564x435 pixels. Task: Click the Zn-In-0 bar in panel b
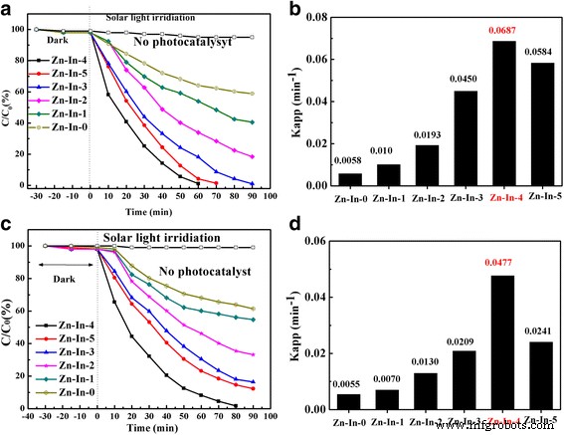[x=350, y=179]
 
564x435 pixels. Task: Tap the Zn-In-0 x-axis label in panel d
[x=350, y=423]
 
